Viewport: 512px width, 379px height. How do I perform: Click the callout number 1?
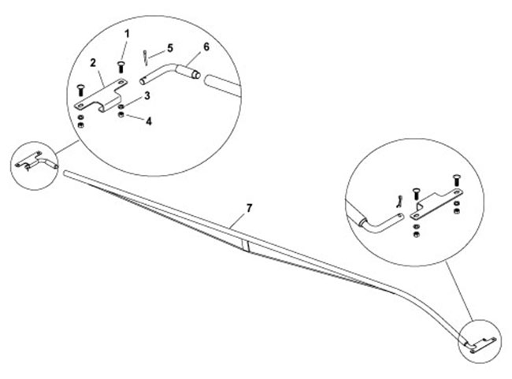click(127, 34)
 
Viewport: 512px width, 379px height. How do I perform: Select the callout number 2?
click(93, 63)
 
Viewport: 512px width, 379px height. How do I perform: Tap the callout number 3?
click(147, 95)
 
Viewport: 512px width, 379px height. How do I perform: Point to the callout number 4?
click(149, 121)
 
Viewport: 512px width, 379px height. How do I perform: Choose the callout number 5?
click(170, 48)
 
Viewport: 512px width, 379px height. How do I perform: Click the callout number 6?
click(206, 46)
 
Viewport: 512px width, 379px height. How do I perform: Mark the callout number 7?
click(249, 208)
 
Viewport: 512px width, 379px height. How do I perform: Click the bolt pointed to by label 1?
click(121, 68)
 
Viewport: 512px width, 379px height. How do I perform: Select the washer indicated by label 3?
click(121, 107)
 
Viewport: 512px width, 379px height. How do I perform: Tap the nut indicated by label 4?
click(121, 115)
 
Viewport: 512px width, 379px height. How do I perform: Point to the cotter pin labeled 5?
click(146, 58)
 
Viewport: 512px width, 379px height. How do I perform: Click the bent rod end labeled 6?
click(170, 73)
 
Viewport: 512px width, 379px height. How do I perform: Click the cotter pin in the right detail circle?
click(399, 202)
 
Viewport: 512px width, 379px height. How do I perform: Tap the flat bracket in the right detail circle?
click(437, 203)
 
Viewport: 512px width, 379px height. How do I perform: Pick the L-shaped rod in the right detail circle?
click(382, 222)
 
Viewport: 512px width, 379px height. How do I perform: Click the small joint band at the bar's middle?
click(246, 245)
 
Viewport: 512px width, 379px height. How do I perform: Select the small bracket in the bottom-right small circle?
click(483, 344)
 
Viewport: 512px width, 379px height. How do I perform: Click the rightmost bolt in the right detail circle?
click(457, 180)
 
